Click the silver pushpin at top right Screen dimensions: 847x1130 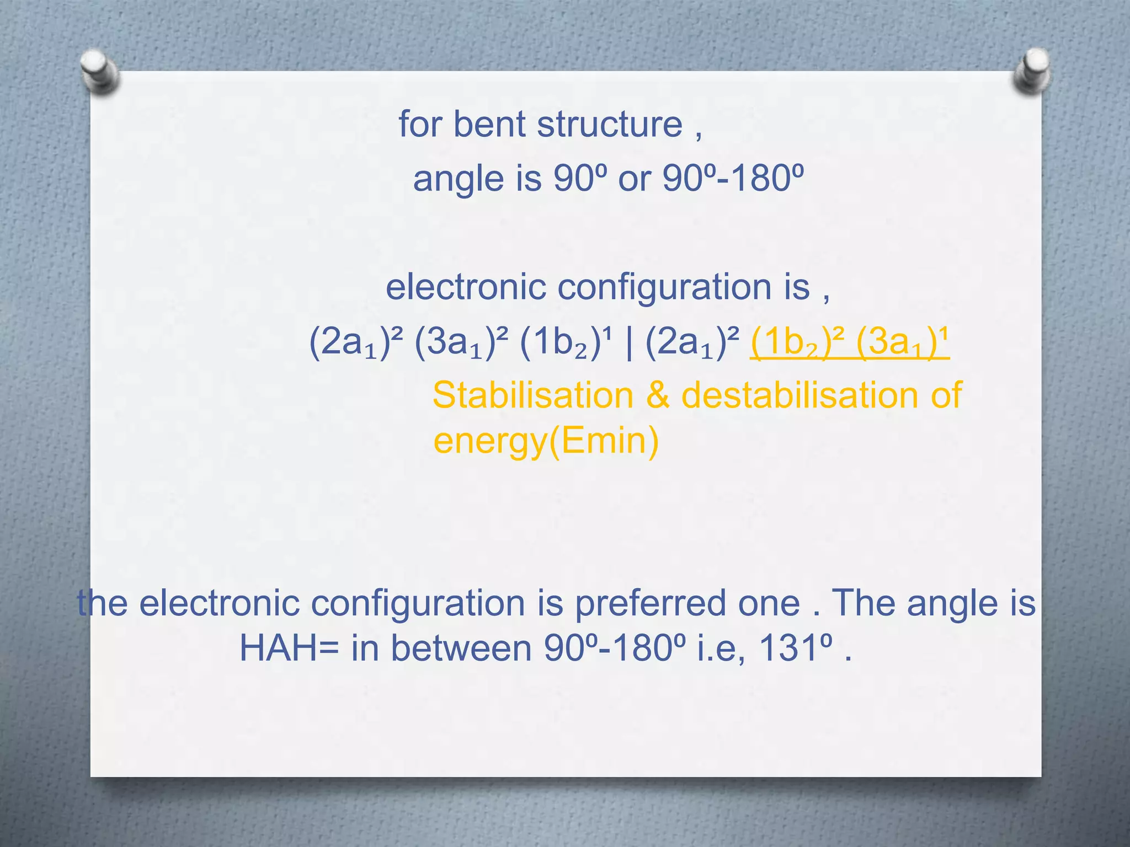[1031, 71]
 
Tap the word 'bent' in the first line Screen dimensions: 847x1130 [489, 124]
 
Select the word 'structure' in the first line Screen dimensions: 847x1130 [610, 124]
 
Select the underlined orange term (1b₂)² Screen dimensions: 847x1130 [797, 342]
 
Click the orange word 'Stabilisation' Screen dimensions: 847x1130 [533, 395]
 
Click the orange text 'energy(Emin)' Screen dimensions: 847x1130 [546, 441]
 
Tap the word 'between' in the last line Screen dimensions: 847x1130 [461, 648]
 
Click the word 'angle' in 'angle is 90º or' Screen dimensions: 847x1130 [459, 179]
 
